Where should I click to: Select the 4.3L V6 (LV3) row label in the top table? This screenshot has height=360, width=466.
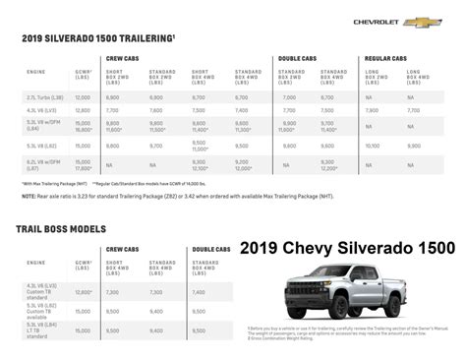[40, 110]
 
